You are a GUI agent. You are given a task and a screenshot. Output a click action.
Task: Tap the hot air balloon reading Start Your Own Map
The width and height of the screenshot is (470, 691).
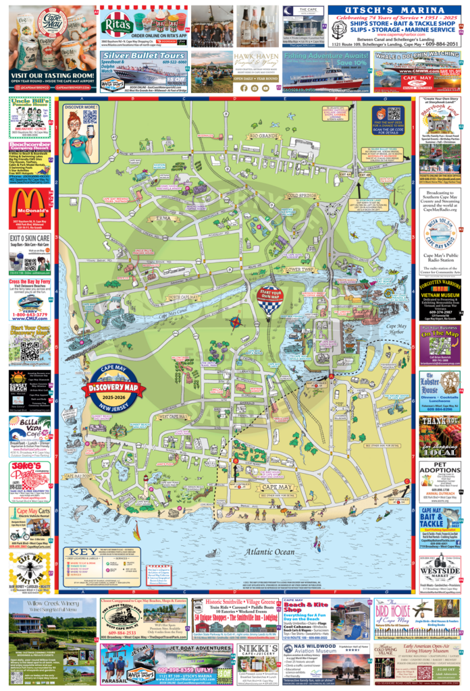pyautogui.click(x=269, y=298)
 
